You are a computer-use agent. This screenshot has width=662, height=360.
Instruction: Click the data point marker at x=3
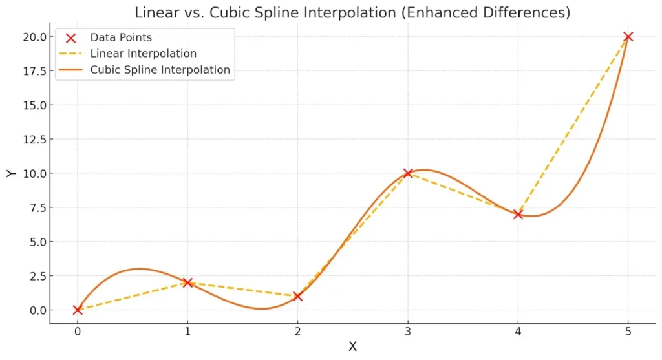[x=408, y=173]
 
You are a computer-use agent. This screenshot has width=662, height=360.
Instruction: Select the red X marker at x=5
[x=628, y=37]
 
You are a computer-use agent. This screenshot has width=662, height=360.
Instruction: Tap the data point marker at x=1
[x=187, y=282]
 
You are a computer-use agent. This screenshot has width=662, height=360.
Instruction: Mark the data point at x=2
[x=297, y=296]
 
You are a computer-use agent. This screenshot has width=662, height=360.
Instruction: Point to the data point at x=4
[x=518, y=214]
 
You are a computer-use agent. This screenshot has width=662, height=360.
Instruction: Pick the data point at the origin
[x=78, y=310]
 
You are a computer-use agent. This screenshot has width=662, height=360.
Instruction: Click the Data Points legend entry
[x=121, y=38]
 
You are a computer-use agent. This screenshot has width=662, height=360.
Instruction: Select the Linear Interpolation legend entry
[x=143, y=54]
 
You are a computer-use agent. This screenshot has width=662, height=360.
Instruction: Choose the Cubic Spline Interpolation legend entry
[x=160, y=70]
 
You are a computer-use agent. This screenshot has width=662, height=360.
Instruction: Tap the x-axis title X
[x=353, y=347]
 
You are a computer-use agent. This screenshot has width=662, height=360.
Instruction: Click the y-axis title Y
[x=10, y=173]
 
